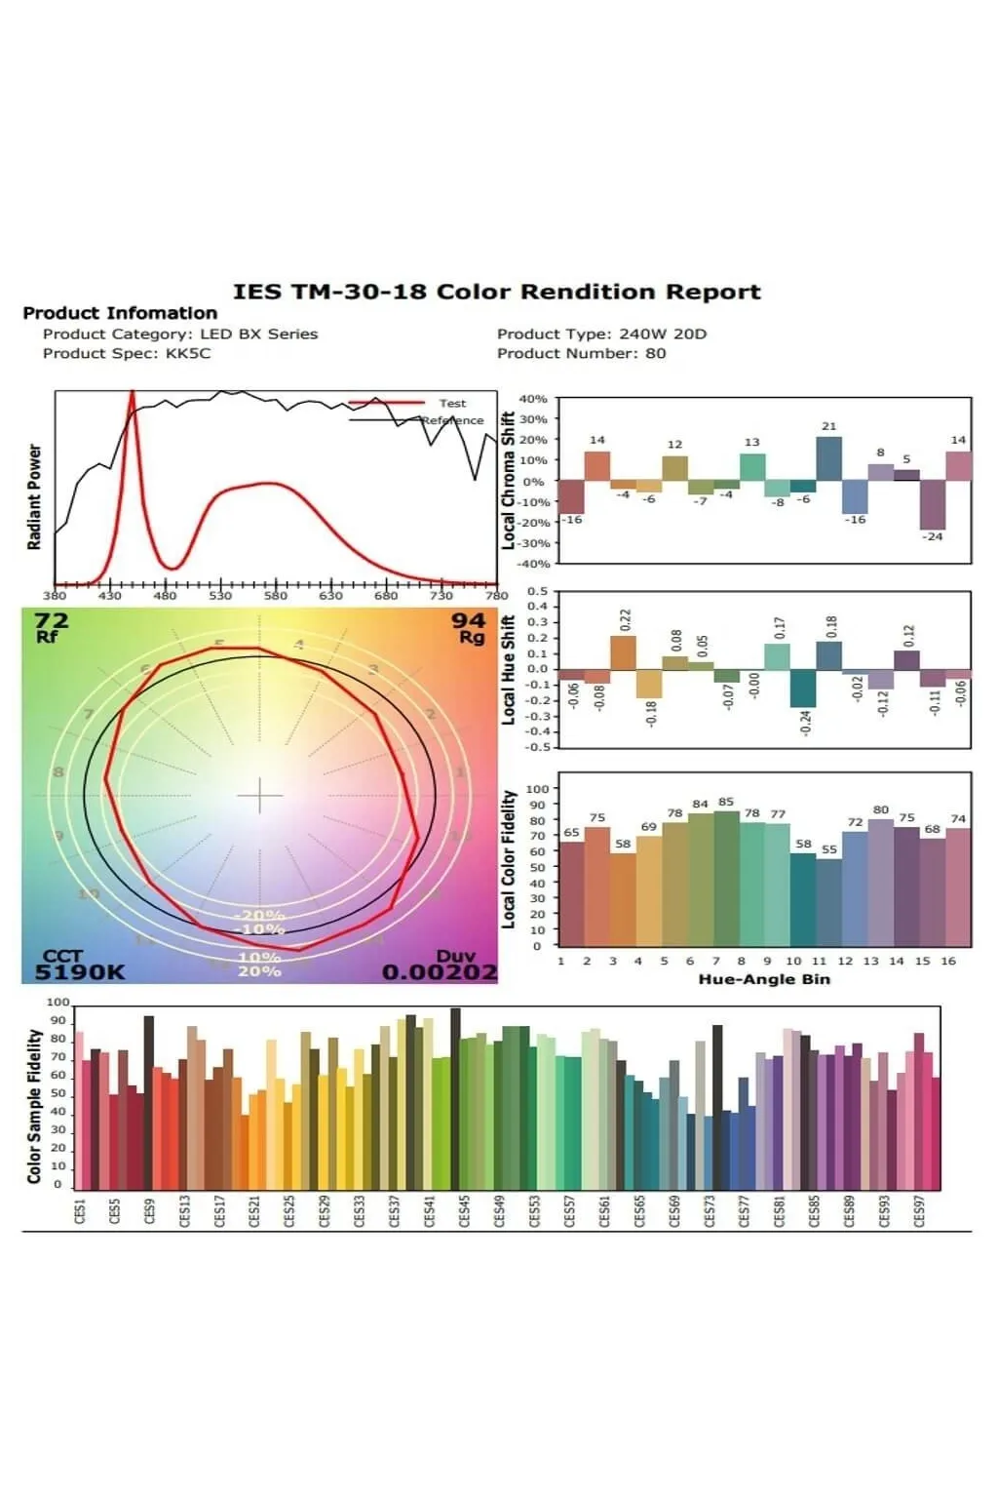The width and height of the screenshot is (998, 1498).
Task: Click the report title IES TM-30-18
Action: click(496, 292)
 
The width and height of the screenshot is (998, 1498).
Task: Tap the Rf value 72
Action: click(51, 620)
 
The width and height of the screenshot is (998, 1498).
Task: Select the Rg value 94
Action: click(468, 620)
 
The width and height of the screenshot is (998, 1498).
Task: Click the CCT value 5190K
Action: click(80, 971)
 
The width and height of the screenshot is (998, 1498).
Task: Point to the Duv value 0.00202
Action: click(440, 971)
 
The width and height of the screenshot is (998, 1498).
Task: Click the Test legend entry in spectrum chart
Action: click(451, 403)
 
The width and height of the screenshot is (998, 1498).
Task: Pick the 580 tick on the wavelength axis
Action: click(276, 595)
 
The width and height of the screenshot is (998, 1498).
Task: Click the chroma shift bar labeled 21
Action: click(828, 458)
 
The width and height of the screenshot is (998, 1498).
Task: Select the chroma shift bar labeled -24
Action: click(933, 504)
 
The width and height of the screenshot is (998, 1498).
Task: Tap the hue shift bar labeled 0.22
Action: click(623, 652)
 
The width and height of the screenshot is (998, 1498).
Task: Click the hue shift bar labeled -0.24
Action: click(803, 689)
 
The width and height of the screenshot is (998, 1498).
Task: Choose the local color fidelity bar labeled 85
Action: click(726, 878)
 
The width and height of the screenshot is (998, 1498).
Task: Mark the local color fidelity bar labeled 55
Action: click(828, 902)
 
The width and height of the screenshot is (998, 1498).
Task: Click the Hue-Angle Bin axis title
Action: click(764, 979)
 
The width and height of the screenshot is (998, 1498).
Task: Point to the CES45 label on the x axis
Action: click(464, 1210)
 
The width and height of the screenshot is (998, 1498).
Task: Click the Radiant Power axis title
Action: click(35, 497)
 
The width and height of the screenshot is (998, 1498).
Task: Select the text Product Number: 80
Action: click(581, 353)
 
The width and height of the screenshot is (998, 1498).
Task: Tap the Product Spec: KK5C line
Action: click(127, 353)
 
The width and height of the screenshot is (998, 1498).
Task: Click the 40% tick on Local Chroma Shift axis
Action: click(533, 399)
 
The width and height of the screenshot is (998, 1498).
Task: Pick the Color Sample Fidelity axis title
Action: click(35, 1106)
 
